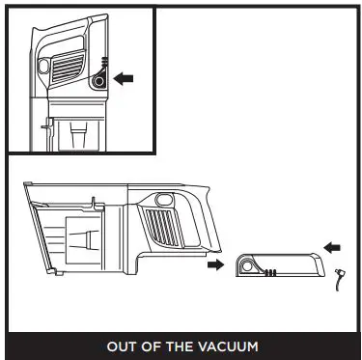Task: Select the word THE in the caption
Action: pos(181,346)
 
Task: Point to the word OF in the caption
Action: pos(151,346)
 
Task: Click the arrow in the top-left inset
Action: pos(125,77)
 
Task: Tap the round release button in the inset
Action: pos(99,83)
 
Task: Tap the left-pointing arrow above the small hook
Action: pos(332,248)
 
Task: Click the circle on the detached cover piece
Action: pos(246,264)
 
